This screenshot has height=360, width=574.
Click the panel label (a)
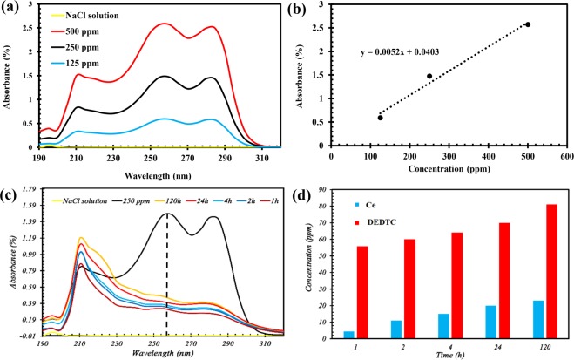pyautogui.click(x=11, y=8)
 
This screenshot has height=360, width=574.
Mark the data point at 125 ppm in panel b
pyautogui.click(x=380, y=117)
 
